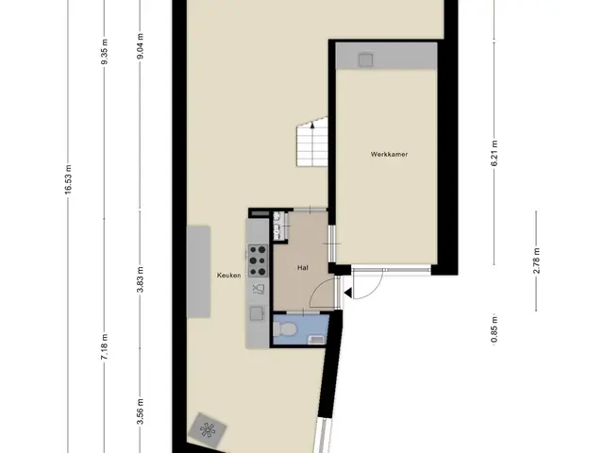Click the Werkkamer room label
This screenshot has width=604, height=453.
(389, 155)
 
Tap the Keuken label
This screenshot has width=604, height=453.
(228, 275)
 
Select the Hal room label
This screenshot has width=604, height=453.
(303, 268)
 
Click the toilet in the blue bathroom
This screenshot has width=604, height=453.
(285, 329)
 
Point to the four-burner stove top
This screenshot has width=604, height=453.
(258, 260)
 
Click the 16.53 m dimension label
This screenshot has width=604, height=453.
(68, 179)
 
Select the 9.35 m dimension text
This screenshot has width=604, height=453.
(105, 52)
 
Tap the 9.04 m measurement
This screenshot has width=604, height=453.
(141, 46)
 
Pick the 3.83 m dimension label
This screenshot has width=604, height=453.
(141, 279)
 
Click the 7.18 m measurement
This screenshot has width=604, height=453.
(105, 347)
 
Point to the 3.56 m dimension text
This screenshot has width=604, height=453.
(141, 411)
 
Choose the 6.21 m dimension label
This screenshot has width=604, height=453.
(495, 153)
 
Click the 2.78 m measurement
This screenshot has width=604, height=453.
(537, 260)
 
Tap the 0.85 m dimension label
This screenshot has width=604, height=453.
(495, 329)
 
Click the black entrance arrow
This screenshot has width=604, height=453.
(347, 294)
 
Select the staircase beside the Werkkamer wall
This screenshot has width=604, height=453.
(312, 142)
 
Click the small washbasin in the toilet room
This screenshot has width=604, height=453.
(317, 340)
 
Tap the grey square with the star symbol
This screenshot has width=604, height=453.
(208, 430)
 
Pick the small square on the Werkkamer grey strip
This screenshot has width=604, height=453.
(365, 60)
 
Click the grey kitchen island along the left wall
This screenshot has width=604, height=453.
(198, 272)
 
